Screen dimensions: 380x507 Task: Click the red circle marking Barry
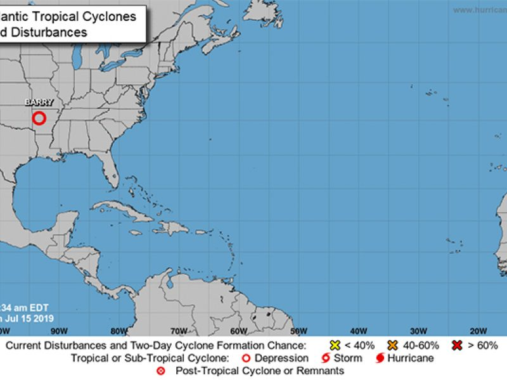coord(39,118)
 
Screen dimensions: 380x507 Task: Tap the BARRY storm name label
coord(39,102)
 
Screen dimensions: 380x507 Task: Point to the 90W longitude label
coord(59,331)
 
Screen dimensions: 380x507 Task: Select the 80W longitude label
coord(119,331)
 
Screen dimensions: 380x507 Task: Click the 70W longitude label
coord(179,331)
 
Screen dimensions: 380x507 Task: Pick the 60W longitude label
coord(239,331)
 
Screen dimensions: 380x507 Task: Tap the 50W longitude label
coord(298,331)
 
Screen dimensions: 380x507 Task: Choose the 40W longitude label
coord(359,331)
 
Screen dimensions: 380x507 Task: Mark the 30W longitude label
coord(418,331)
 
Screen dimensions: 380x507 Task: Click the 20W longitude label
coord(478,331)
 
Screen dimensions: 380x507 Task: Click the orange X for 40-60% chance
coord(393,346)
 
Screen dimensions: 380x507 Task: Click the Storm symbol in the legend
coord(324,358)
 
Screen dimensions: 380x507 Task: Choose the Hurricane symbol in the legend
coord(380,358)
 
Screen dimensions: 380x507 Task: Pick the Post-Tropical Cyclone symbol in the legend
coord(160,370)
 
